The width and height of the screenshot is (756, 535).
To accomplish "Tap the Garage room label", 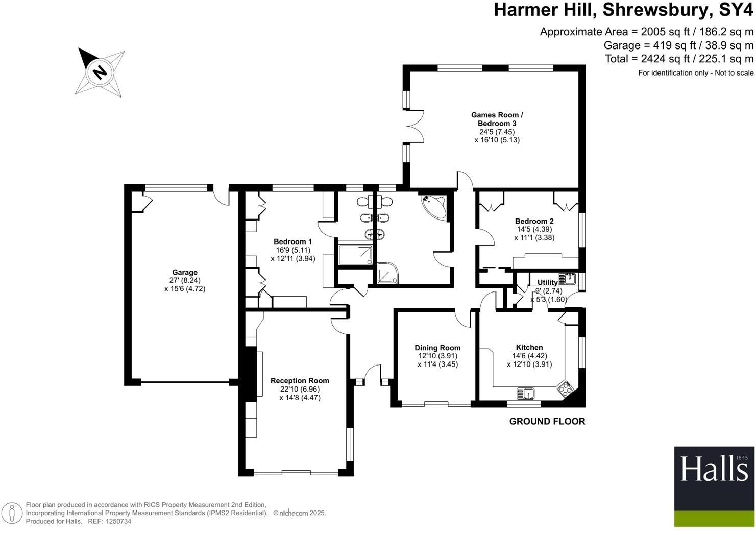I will [184, 273].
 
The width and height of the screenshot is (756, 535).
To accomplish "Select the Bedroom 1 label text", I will [292, 242].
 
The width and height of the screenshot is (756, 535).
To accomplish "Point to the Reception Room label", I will [300, 381].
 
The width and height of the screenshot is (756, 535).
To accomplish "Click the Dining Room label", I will [437, 348].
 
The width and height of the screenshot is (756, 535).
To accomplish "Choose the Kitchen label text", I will [529, 348].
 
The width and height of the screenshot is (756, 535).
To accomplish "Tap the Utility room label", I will [547, 282].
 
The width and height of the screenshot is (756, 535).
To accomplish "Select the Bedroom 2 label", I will [534, 222].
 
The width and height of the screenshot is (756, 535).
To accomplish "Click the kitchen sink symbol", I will [526, 393].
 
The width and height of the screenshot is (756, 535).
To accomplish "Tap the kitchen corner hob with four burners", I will [566, 389].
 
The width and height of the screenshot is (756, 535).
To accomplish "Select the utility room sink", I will [567, 279].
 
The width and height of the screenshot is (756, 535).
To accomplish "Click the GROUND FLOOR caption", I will [547, 421].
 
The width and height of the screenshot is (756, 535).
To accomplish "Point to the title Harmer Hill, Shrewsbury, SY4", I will [623, 10].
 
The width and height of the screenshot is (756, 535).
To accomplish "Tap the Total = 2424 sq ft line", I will [679, 59].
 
